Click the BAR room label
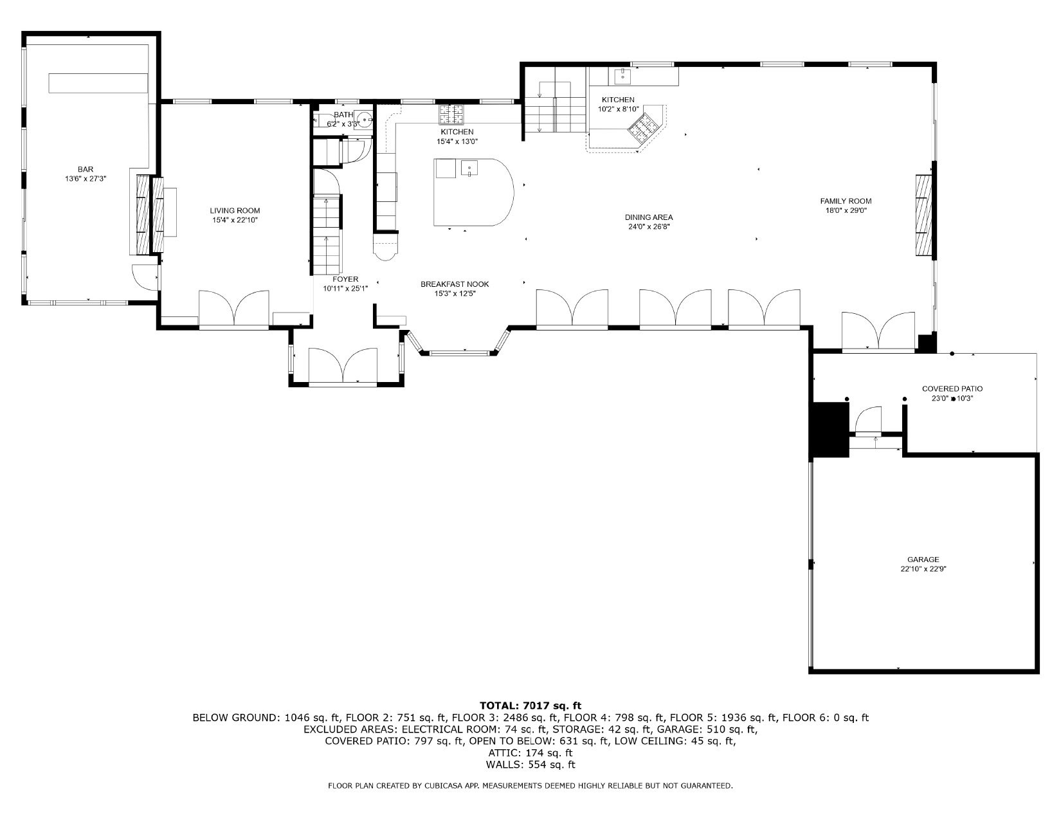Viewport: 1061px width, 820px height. tap(86, 170)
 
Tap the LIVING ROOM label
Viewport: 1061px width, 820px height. tap(235, 210)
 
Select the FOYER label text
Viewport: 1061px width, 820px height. tap(345, 279)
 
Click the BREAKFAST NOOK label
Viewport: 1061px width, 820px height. tap(455, 284)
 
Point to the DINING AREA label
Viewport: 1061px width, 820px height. tap(649, 217)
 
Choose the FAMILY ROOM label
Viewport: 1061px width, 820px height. tap(846, 201)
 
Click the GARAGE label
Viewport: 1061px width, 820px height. tap(923, 560)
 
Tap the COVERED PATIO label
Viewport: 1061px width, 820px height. tap(952, 388)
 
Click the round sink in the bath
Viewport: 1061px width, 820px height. tap(364, 118)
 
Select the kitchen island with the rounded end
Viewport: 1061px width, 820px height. tap(474, 192)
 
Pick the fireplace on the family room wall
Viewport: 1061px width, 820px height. tap(924, 215)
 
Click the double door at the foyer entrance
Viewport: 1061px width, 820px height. tap(343, 367)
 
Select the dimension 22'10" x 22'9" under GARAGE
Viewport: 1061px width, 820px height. tap(923, 569)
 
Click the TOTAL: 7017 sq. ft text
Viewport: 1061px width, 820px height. tap(530, 706)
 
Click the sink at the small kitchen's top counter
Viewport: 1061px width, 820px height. tap(622, 76)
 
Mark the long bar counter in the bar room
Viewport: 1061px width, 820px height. tap(98, 83)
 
